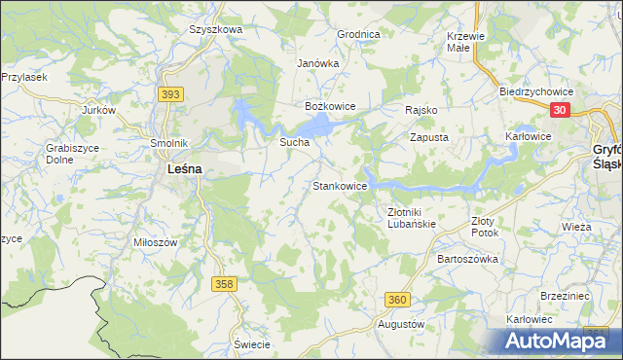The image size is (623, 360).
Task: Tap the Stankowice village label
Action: click(x=339, y=186)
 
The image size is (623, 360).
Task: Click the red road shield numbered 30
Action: click(x=558, y=111)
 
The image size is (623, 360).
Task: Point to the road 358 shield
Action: click(x=225, y=283)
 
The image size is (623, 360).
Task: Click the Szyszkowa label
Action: click(x=215, y=29)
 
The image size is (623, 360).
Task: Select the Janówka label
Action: click(x=317, y=63)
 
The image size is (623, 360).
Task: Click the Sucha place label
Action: click(x=294, y=142)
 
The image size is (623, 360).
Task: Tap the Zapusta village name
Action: click(x=428, y=138)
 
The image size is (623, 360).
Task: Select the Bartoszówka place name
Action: click(x=468, y=260)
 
